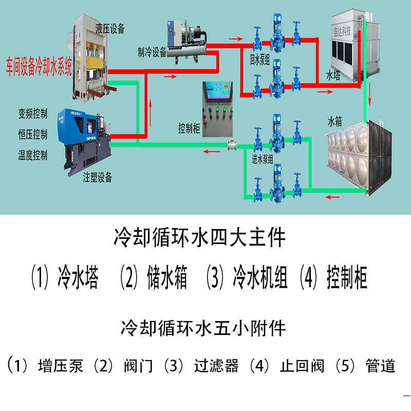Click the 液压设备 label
click(x=110, y=28)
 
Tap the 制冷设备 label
click(x=153, y=51)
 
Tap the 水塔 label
click(x=333, y=76)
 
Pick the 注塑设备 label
click(x=98, y=178)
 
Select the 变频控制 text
click(x=33, y=114)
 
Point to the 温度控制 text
click(x=33, y=155)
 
